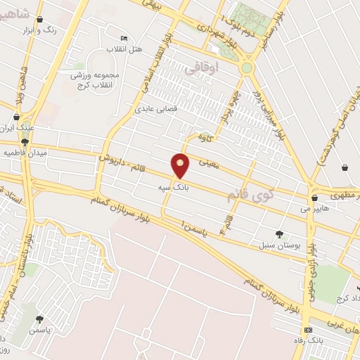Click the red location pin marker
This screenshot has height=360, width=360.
(x=181, y=166)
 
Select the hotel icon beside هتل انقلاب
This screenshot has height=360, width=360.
(x=124, y=38)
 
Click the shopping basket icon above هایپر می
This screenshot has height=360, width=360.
(x=314, y=198)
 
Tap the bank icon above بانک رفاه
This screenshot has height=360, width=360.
(x=307, y=330)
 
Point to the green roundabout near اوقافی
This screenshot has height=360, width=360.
(x=247, y=68)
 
